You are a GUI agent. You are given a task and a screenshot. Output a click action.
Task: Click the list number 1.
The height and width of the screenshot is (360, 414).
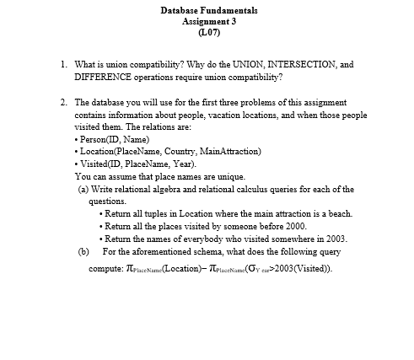[x=64, y=64]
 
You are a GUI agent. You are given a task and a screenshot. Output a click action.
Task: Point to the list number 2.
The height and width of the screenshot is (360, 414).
[x=64, y=102]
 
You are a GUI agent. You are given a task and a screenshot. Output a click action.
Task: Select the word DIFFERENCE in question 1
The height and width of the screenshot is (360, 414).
[x=104, y=77]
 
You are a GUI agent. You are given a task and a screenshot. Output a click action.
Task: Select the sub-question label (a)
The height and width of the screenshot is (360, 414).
[x=83, y=189]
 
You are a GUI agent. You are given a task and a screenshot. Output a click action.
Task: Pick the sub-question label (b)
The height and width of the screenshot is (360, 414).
[x=83, y=251]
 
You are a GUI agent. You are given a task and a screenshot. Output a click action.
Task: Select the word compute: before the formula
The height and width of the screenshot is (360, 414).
[x=106, y=269]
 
